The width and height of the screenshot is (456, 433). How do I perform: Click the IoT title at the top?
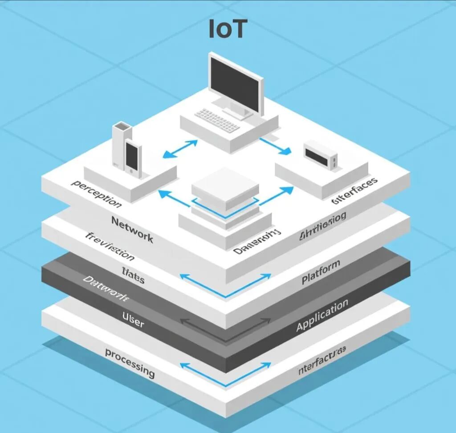click(228, 29)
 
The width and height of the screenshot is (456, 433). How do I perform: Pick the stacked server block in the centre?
click(225, 196)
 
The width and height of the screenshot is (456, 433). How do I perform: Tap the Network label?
click(132, 228)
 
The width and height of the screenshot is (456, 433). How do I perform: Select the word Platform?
click(321, 272)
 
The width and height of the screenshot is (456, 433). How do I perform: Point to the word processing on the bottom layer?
click(130, 363)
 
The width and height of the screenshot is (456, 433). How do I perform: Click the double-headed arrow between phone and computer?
click(180, 149)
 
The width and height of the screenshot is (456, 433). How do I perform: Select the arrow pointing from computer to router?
click(275, 146)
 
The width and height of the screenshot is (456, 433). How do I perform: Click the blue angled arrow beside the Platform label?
click(225, 285)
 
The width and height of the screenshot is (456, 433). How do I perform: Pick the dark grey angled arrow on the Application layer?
click(225, 330)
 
